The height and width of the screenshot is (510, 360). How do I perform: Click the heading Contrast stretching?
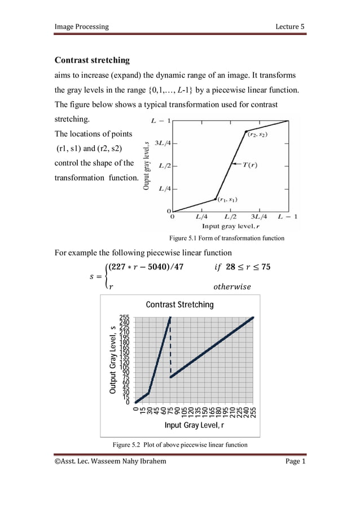91,60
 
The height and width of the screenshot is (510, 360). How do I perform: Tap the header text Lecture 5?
290,27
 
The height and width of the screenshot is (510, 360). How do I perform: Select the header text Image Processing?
81,27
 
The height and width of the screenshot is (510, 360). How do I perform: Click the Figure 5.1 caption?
223,238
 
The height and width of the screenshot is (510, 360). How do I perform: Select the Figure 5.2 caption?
180,444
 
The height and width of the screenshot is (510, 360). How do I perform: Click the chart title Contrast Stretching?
179,304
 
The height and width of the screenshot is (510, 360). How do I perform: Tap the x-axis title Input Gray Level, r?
194,425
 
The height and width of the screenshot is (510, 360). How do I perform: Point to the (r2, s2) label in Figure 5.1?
258,134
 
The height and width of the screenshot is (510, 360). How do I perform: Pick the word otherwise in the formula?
231,286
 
